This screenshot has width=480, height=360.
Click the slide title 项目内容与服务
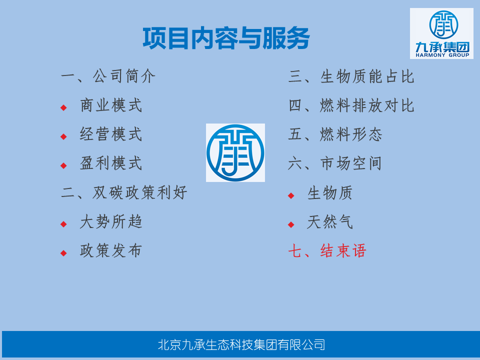pyautogui.click(x=226, y=38)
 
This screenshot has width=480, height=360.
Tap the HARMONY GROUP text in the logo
pyautogui.click(x=442, y=55)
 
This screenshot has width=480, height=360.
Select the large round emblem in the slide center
pyautogui.click(x=235, y=153)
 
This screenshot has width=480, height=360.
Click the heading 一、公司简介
pyautogui.click(x=108, y=76)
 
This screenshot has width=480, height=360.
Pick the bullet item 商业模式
pyautogui.click(x=111, y=105)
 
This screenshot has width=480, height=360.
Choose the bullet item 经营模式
pyautogui.click(x=111, y=134)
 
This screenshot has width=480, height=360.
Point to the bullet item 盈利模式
pyautogui.click(x=111, y=163)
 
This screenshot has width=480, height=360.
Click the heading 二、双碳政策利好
pyautogui.click(x=124, y=192)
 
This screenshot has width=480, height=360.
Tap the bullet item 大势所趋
pyautogui.click(x=111, y=221)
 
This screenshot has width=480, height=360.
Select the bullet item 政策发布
pyautogui.click(x=111, y=250)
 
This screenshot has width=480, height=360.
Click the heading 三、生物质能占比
pyautogui.click(x=351, y=76)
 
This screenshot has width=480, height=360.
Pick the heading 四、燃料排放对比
pyautogui.click(x=351, y=105)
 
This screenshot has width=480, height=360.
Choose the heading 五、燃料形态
pyautogui.click(x=335, y=134)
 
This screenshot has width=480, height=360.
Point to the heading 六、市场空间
pyautogui.click(x=335, y=163)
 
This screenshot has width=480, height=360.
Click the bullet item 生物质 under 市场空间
pyautogui.click(x=330, y=193)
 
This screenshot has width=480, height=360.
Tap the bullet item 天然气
pyautogui.click(x=330, y=222)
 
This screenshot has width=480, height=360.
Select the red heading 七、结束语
pyautogui.click(x=327, y=250)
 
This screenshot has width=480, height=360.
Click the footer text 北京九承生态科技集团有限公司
pyautogui.click(x=241, y=344)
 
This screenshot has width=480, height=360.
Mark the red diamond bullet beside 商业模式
pyautogui.click(x=63, y=108)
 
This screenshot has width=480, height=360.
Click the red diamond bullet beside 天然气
pyautogui.click(x=291, y=224)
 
